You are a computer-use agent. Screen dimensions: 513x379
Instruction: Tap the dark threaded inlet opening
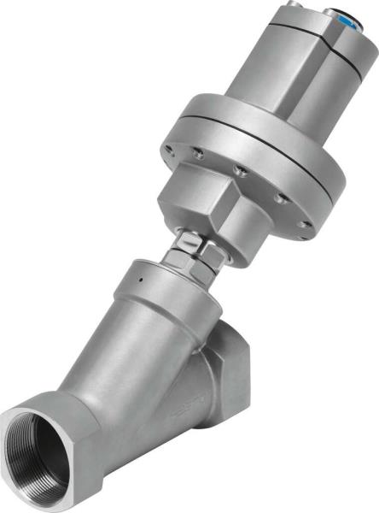(x=43, y=457)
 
